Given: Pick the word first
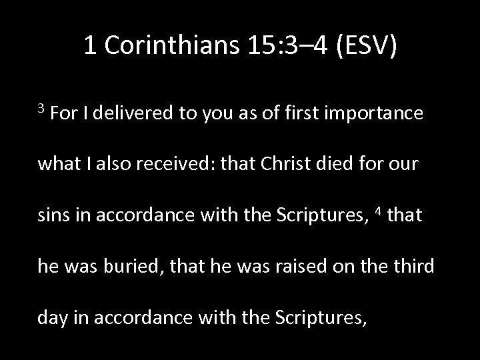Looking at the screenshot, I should click(x=304, y=114).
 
